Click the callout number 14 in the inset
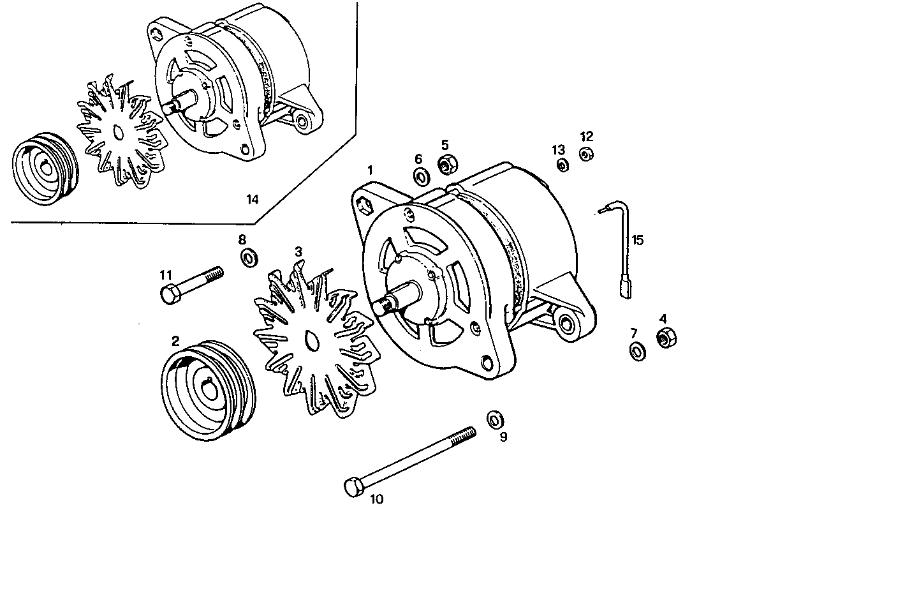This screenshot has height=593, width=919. (x=253, y=199)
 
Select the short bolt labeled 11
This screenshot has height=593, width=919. (x=191, y=285)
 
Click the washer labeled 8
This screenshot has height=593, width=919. (x=249, y=258)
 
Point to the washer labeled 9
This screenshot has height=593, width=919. (x=494, y=419)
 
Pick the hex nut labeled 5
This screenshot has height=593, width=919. (x=445, y=165)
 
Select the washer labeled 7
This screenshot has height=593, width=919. (x=636, y=350)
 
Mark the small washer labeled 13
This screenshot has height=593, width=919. (x=562, y=166)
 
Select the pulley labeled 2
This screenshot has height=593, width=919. (x=208, y=391)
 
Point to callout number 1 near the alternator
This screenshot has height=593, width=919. (x=369, y=170)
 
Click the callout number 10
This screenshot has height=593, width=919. (x=377, y=499)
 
